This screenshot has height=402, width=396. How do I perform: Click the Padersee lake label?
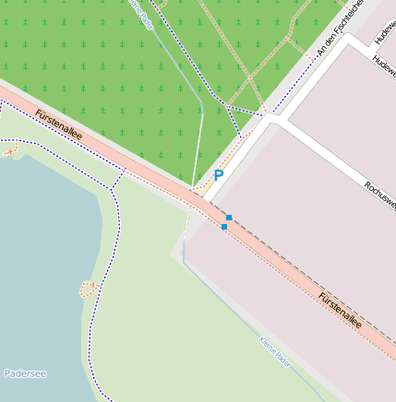click(x=26, y=373)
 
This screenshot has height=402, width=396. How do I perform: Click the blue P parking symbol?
click(x=219, y=174)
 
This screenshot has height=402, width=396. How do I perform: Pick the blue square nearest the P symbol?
click(x=228, y=217)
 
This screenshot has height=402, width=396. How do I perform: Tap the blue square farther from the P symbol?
click(x=224, y=227)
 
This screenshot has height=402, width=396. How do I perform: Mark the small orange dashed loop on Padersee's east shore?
click(x=88, y=289)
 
